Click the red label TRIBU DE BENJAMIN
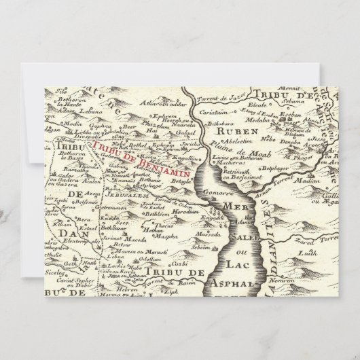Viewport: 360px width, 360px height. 133,149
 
